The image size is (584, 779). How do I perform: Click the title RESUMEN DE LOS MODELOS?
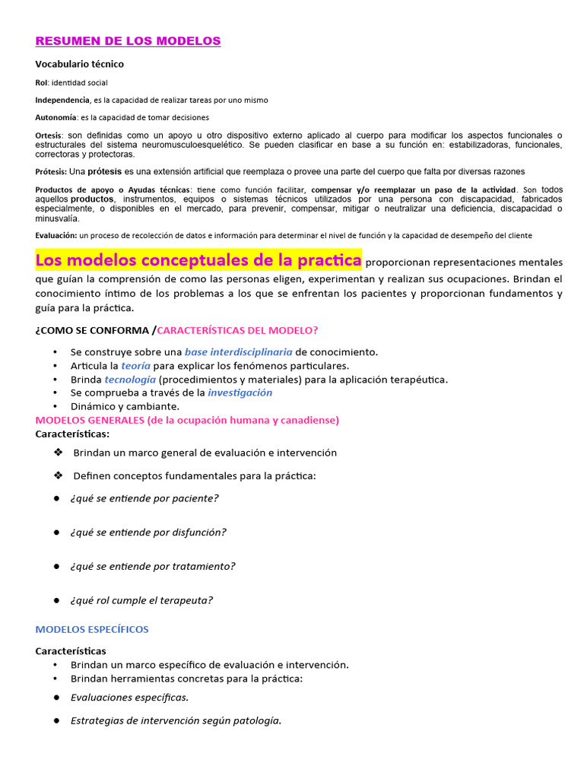click(x=128, y=41)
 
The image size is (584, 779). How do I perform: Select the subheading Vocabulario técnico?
click(x=79, y=64)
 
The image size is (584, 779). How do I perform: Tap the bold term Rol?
click(x=42, y=82)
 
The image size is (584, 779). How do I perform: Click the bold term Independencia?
click(x=62, y=100)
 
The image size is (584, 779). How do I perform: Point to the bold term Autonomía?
click(x=56, y=117)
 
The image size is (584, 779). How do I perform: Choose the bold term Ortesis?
click(x=49, y=135)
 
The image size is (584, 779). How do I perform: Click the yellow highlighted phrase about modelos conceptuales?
click(x=198, y=260)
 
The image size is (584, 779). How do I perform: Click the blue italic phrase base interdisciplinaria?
click(x=238, y=351)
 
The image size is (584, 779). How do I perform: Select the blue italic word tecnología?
click(x=130, y=379)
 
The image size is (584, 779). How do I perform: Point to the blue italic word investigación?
click(x=240, y=393)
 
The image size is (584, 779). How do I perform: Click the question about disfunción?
click(x=148, y=533)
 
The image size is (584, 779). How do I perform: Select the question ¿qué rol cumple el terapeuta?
click(x=141, y=600)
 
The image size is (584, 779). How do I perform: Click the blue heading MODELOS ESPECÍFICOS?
click(x=92, y=629)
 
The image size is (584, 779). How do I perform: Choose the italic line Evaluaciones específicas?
click(x=129, y=697)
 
